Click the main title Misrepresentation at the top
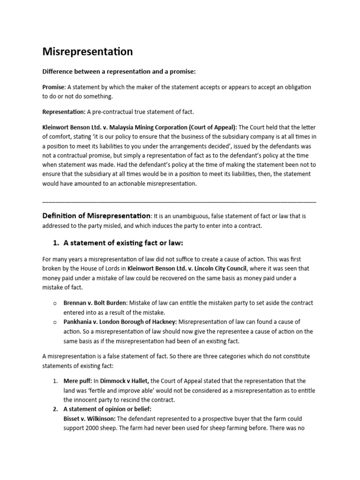pos(88,52)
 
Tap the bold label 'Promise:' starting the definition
pos(54,87)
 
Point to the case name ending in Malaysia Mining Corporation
pos(140,127)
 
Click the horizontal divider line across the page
pos(179,201)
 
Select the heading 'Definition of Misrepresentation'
pos(97,216)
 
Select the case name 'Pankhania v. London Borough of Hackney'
pos(120,322)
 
